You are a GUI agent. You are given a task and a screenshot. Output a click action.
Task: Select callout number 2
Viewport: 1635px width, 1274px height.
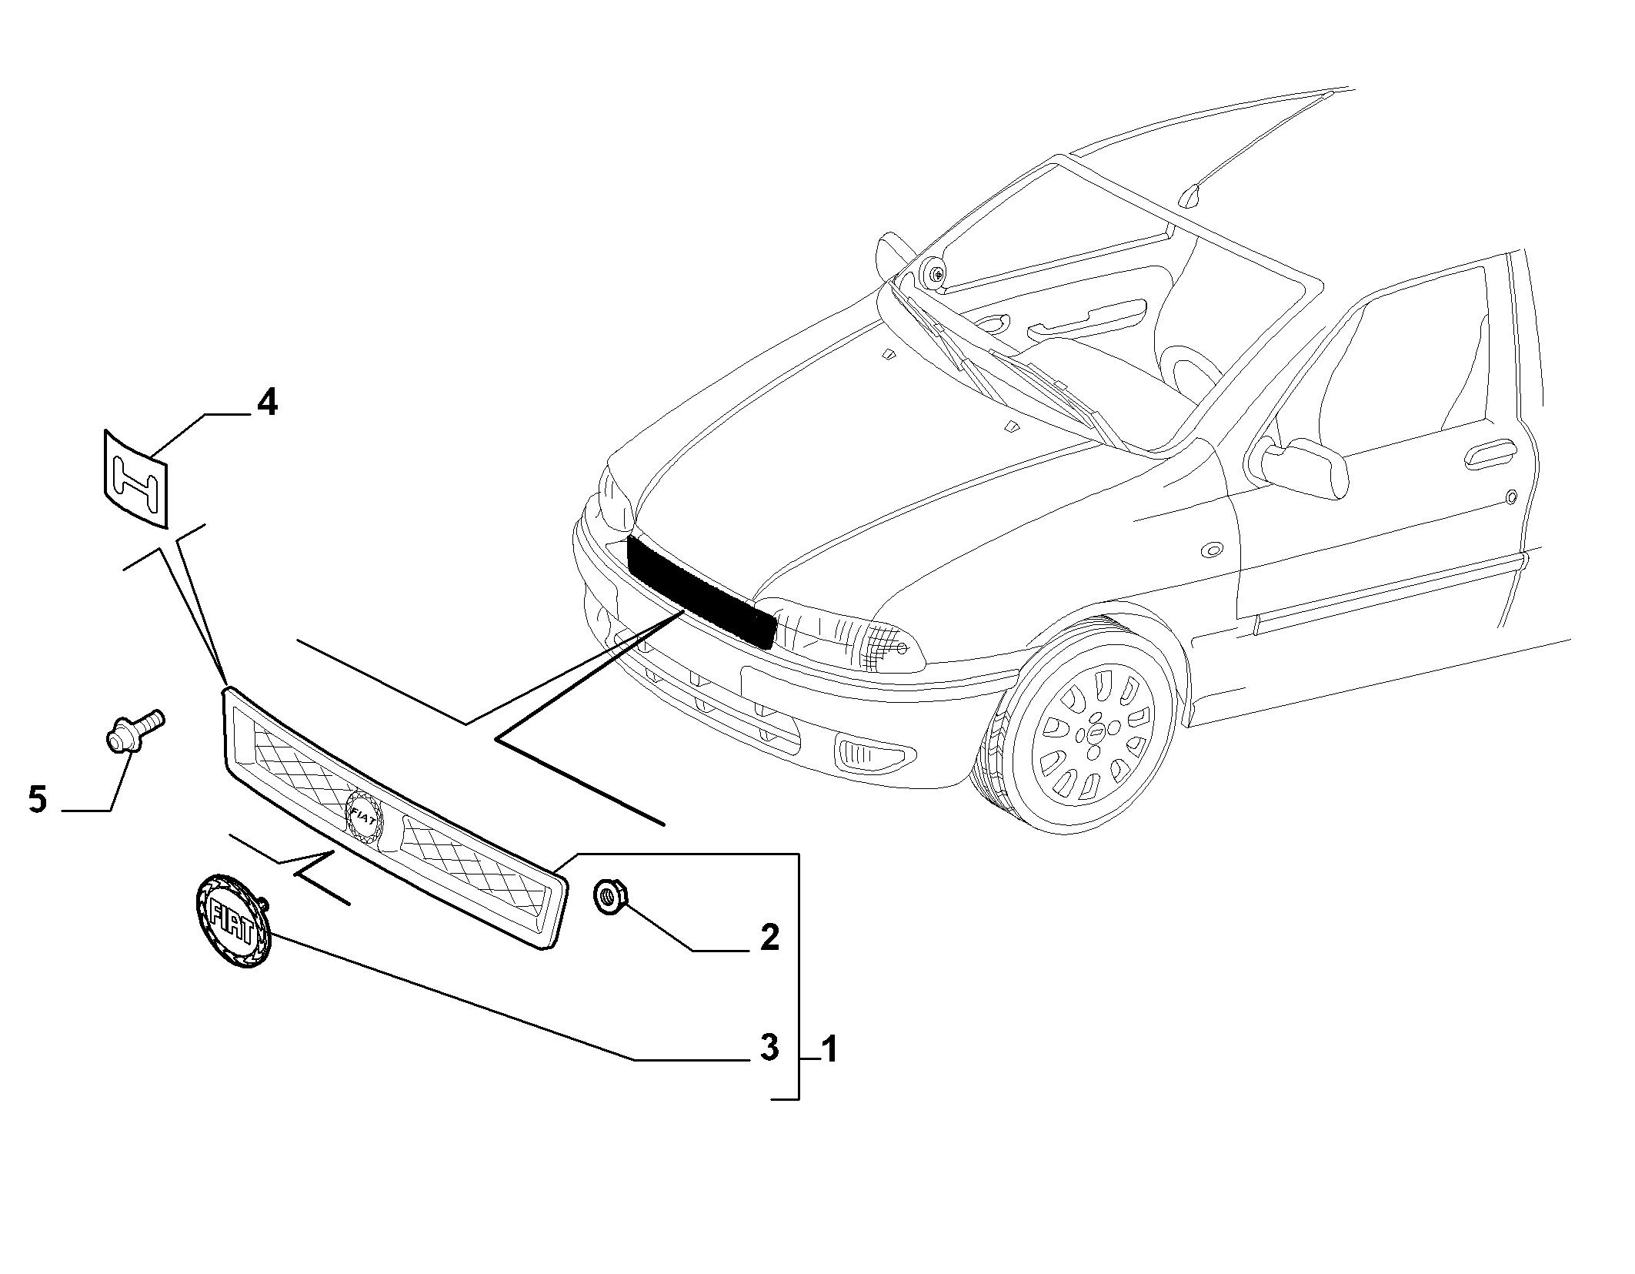769,937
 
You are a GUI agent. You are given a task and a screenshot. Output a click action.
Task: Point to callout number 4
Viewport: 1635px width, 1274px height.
266,402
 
